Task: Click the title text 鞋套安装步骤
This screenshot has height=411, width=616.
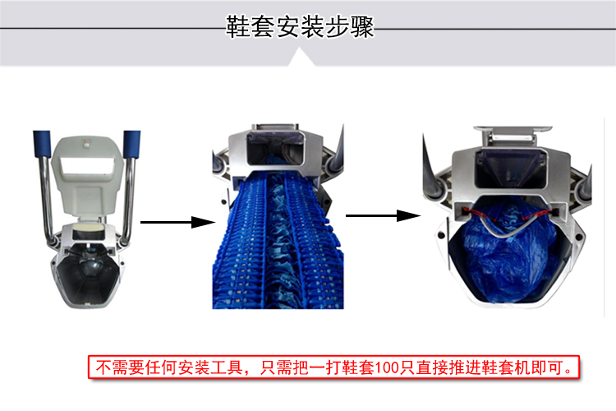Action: click(300, 27)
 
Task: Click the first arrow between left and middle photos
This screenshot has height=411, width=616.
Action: click(177, 222)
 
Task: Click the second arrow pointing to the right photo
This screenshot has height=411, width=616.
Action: click(383, 215)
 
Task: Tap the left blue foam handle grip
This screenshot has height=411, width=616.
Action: click(42, 144)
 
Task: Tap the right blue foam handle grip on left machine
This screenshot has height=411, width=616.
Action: click(132, 144)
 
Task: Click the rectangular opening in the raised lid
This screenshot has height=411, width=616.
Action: click(88, 165)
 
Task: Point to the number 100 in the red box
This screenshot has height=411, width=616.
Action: click(387, 367)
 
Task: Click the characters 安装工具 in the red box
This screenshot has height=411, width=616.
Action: click(209, 367)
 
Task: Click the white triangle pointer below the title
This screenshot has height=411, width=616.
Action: click(301, 57)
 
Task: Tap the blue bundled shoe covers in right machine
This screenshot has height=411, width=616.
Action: click(507, 252)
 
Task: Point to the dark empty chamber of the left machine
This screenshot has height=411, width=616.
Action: click(87, 275)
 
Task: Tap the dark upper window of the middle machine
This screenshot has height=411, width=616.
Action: click(275, 148)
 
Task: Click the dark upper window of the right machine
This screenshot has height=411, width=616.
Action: click(510, 169)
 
